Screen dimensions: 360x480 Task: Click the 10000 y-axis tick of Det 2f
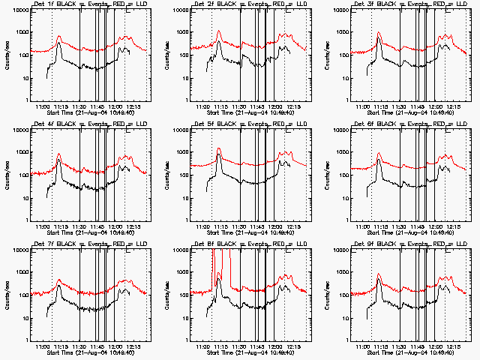point(180,10)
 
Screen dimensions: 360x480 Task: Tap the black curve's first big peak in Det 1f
point(59,43)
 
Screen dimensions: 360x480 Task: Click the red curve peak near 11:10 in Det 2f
point(219,31)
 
